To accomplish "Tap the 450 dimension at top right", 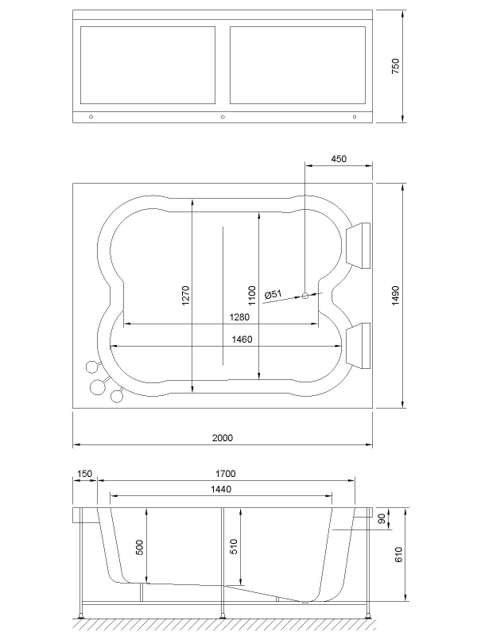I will (339, 159).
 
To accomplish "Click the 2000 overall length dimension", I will (223, 439).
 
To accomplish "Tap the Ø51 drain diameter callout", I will (273, 294).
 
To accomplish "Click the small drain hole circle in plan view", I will (304, 296).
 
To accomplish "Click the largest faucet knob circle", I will (98, 386).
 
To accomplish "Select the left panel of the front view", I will (148, 65).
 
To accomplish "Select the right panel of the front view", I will (298, 65).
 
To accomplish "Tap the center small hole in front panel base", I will (223, 117).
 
